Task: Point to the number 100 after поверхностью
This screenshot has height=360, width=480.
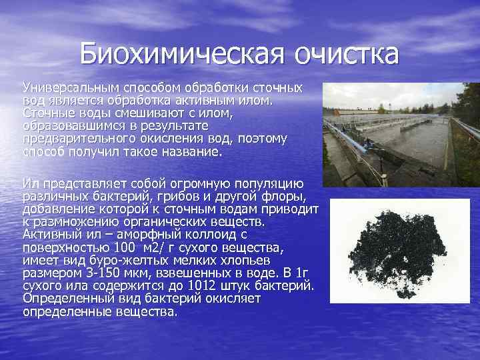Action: pyautogui.click(x=122, y=247)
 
